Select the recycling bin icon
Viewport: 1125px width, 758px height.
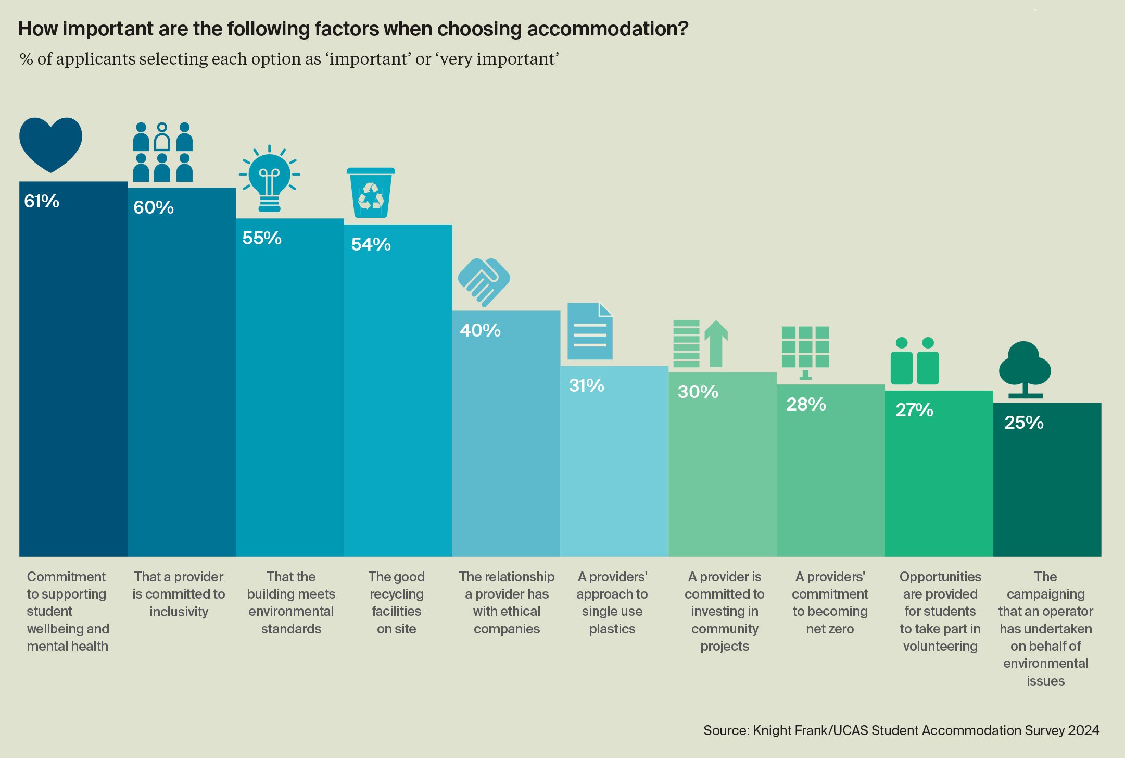(371, 193)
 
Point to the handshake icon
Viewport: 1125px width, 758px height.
(484, 282)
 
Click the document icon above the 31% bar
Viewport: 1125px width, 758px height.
(590, 331)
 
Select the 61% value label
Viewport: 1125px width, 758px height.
(42, 201)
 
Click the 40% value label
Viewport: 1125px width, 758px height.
(480, 330)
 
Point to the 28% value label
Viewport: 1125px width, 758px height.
(806, 404)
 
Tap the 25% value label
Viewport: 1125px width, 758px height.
(1023, 423)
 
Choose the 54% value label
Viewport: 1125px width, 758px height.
(371, 244)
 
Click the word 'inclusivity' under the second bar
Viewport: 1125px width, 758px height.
(179, 612)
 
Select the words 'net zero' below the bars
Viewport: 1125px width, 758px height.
(830, 629)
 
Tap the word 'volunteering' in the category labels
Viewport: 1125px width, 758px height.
(940, 646)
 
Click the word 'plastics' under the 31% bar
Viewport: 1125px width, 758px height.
(612, 629)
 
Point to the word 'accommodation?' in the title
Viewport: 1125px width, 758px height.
(608, 29)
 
